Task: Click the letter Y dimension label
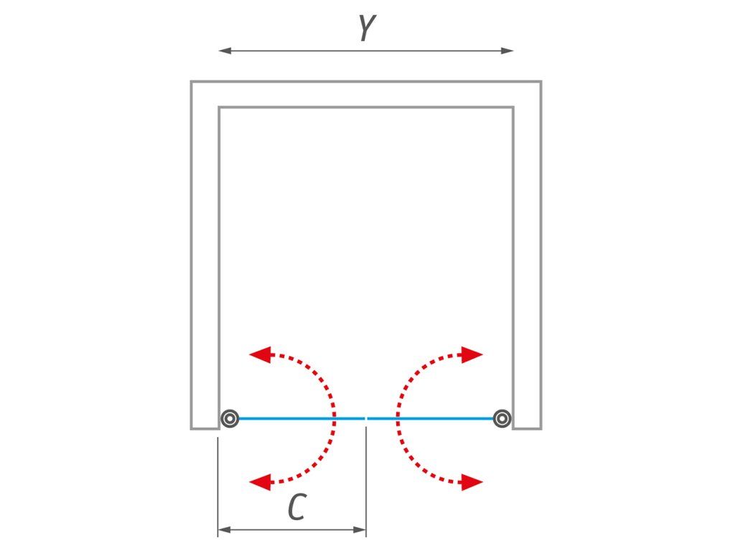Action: pos(367,28)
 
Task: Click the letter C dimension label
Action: pos(297,507)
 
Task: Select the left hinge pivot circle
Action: pos(230,418)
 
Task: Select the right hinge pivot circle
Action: pos(502,418)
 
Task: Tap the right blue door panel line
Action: pos(431,418)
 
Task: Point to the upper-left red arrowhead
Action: pos(261,354)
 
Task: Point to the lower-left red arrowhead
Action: pos(261,481)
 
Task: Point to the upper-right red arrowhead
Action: pos(472,354)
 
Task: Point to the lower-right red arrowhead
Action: pos(472,481)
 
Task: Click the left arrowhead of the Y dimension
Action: pos(225,51)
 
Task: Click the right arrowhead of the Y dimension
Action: pos(507,51)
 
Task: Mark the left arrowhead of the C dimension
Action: pos(225,530)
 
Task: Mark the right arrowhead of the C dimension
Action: pos(360,530)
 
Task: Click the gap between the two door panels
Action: pos(366,418)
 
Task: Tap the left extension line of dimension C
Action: pos(218,487)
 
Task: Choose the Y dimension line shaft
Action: pos(366,51)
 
